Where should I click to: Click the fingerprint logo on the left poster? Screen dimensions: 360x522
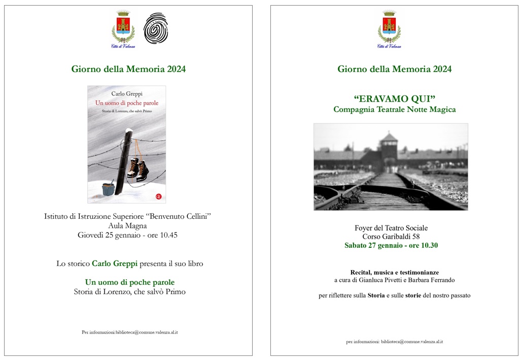(155, 28)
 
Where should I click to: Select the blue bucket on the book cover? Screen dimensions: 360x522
(108, 189)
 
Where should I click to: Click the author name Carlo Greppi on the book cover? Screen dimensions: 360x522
(127, 93)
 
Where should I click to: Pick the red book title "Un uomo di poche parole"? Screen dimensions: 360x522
(127, 103)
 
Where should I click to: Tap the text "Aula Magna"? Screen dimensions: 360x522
(127, 226)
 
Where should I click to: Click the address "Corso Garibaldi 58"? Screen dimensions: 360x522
(391, 237)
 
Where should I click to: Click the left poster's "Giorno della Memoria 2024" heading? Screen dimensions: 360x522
(128, 69)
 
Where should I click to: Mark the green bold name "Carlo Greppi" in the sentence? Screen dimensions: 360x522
(115, 264)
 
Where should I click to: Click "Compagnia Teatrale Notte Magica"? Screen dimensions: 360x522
(394, 109)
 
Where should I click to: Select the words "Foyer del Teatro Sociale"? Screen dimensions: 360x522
(391, 228)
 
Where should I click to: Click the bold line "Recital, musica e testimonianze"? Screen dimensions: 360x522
(394, 272)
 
